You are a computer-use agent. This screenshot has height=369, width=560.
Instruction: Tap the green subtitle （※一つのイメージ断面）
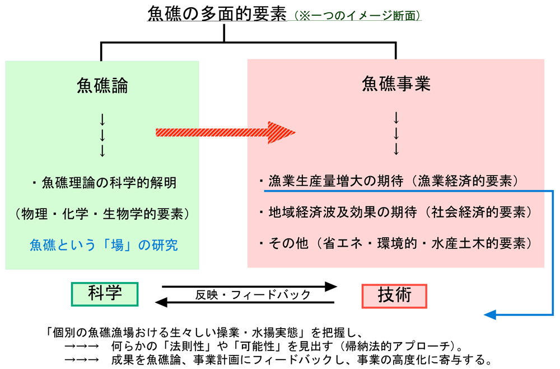click(354, 16)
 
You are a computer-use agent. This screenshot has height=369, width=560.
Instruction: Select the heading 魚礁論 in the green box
click(102, 85)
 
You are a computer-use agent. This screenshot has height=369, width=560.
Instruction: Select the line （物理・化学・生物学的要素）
click(102, 214)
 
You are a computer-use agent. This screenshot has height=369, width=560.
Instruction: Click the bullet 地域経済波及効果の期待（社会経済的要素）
click(395, 213)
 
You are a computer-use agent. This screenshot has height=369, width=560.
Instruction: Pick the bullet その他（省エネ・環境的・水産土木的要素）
click(395, 244)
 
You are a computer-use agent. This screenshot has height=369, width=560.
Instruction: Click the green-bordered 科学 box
click(105, 293)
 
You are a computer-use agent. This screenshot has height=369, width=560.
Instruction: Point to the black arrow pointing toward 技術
click(249, 287)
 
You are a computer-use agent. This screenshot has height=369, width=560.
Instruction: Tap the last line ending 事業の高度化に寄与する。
click(280, 358)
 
